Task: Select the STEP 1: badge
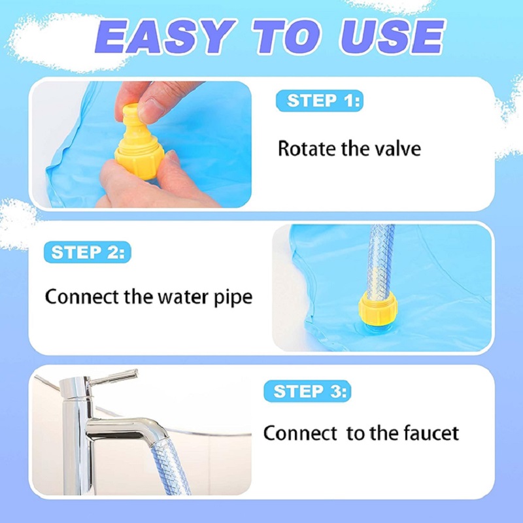pos(319,101)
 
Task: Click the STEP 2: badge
pos(88,252)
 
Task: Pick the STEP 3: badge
pos(307,391)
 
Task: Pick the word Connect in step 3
pos(300,433)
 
